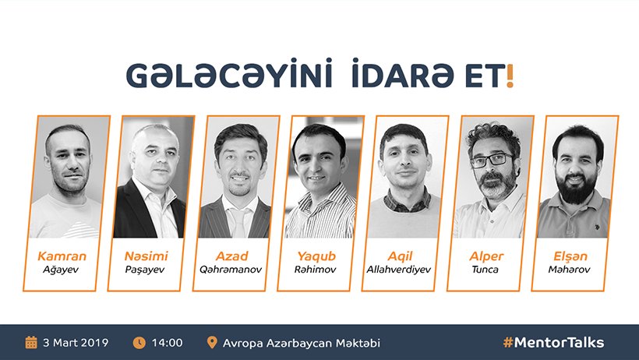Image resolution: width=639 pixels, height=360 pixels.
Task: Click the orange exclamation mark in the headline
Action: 510,76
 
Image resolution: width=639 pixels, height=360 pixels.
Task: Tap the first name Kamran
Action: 62,256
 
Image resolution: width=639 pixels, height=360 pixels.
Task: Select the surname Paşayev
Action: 145,270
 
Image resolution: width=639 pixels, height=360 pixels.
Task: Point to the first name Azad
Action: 232,256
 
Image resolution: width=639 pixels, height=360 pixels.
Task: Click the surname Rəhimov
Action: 315,270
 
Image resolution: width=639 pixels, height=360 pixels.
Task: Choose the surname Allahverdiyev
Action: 398,270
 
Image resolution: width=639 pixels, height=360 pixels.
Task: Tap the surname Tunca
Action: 485,270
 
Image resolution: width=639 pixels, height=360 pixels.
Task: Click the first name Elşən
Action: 570,256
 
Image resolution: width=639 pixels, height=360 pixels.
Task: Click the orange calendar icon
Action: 31,343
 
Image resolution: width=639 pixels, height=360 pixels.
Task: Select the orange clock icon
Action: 139,343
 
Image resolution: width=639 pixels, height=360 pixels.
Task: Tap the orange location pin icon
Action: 212,342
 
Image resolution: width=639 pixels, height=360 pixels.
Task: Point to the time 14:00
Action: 167,343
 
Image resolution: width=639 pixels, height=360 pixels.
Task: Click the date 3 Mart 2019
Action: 76,343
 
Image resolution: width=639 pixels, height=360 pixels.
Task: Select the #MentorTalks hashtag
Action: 553,343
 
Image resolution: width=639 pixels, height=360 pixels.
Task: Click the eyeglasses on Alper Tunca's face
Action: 491,160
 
